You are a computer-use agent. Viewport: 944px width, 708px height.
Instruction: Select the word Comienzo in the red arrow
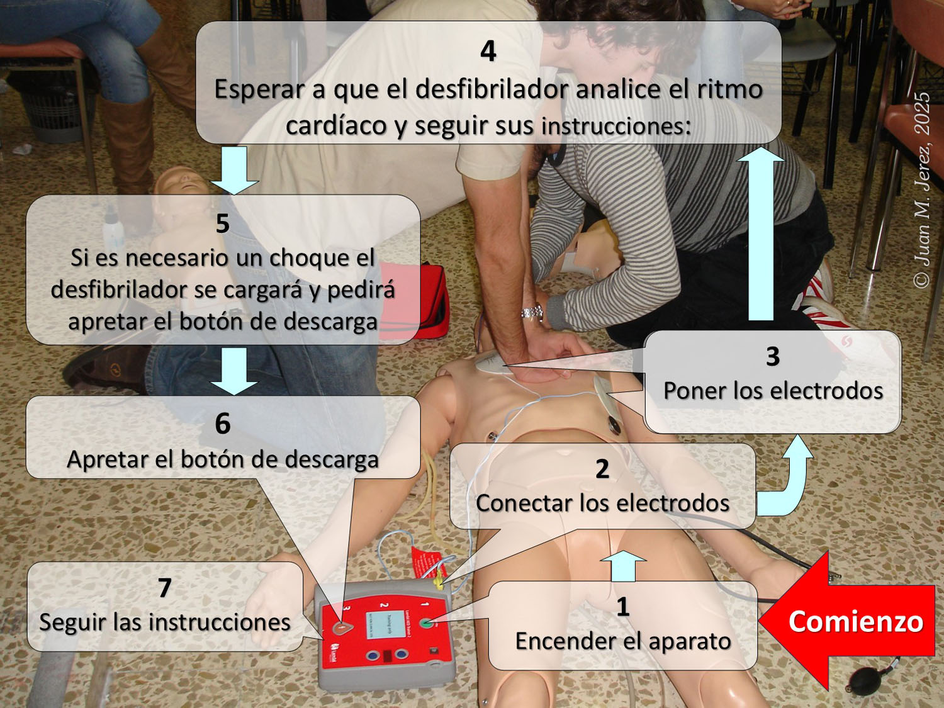click(855, 622)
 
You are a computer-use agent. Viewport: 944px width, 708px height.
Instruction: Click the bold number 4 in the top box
click(488, 51)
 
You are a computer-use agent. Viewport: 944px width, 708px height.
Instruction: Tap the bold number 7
click(165, 588)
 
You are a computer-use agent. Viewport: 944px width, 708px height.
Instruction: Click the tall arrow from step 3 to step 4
click(761, 234)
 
